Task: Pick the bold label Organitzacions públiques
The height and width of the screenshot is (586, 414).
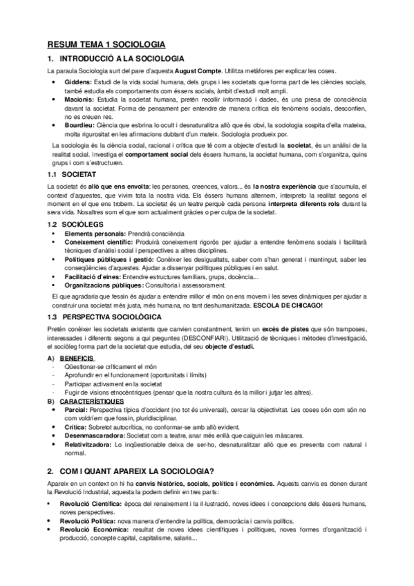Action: (104, 285)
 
